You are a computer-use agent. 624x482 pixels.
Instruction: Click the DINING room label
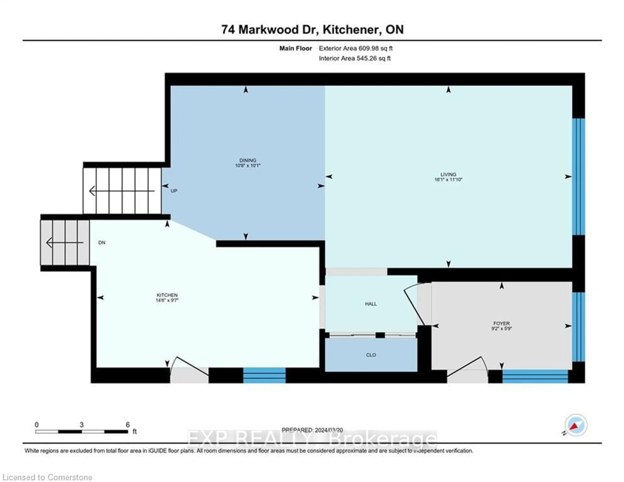point(247,160)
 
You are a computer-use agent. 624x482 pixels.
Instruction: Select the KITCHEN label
point(167,295)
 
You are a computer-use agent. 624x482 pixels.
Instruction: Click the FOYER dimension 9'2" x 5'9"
point(501,329)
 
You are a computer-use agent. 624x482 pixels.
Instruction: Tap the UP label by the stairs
point(174,191)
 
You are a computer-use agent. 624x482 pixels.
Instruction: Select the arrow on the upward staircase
point(121,191)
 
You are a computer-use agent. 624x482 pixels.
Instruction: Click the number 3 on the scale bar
point(82,425)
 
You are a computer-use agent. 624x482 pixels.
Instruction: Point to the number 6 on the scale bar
point(128,425)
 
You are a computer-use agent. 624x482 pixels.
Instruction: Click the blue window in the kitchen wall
point(264,375)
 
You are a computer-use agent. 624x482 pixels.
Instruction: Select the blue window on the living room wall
point(578,176)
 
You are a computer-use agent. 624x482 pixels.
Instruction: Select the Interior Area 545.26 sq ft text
point(355,58)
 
